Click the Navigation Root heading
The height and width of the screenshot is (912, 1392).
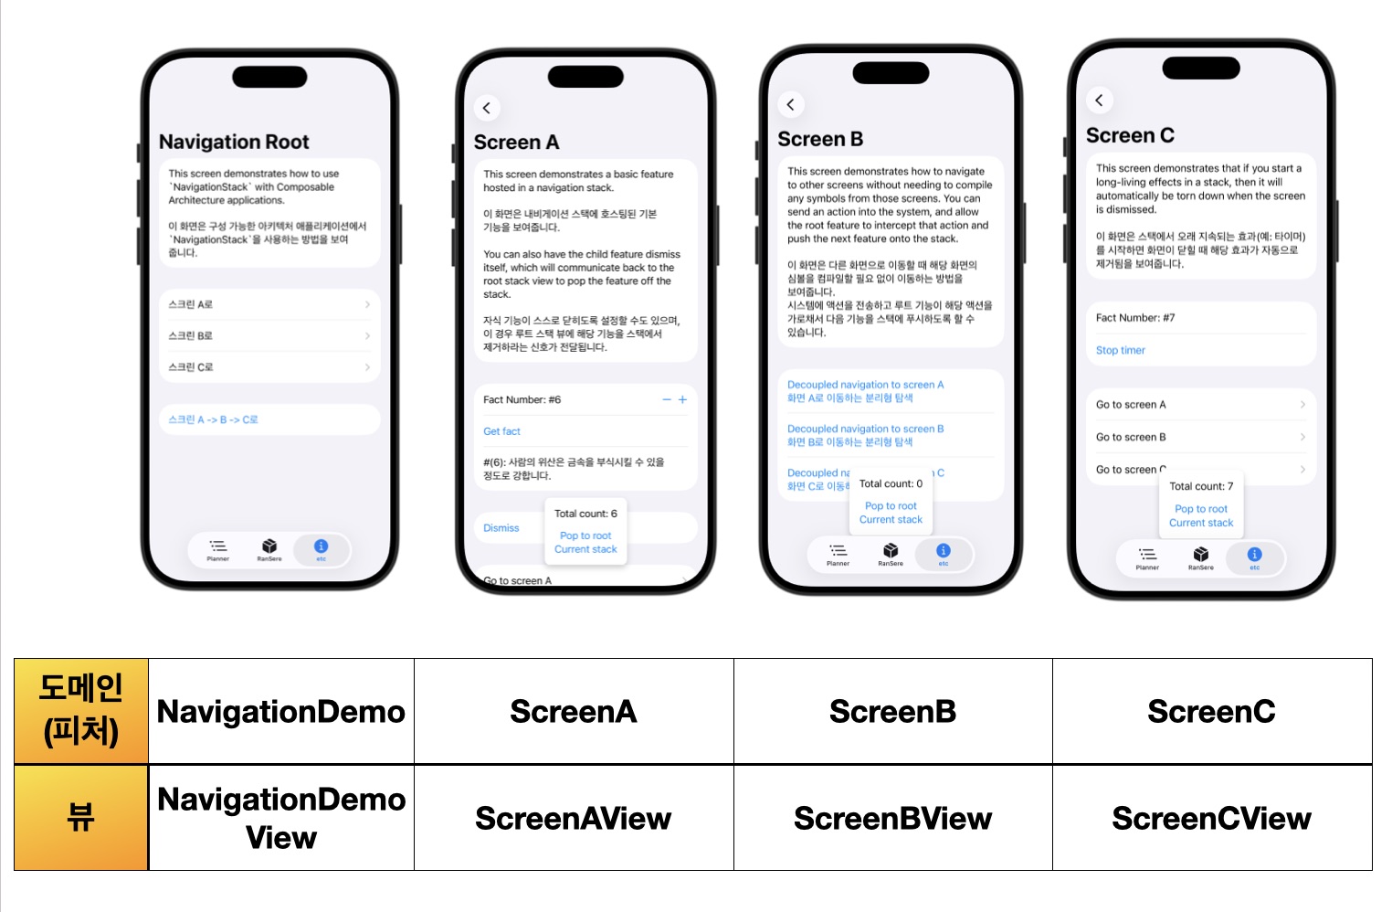click(234, 142)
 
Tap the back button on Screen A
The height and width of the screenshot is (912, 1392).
click(487, 108)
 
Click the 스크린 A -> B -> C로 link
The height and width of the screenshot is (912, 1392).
click(214, 419)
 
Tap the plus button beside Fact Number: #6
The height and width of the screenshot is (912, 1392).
click(682, 399)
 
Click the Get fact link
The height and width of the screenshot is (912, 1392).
click(501, 431)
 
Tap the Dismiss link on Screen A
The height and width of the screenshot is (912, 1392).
click(501, 528)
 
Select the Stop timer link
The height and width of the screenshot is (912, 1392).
click(1120, 350)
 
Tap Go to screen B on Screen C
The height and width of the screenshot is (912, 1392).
click(1131, 437)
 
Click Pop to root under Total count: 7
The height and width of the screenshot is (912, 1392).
click(1201, 509)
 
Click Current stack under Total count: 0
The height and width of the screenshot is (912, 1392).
click(891, 520)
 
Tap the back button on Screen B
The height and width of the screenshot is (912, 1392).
click(791, 104)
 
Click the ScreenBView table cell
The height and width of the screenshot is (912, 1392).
click(892, 818)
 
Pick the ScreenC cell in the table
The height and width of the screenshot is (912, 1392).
click(1211, 711)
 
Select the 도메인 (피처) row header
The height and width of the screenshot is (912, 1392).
click(81, 710)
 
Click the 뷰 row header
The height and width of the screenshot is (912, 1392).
click(81, 817)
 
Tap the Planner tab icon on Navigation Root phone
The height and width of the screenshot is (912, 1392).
click(217, 548)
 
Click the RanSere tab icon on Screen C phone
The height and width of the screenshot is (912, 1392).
click(1201, 557)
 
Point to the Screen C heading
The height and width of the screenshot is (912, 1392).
click(1130, 135)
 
